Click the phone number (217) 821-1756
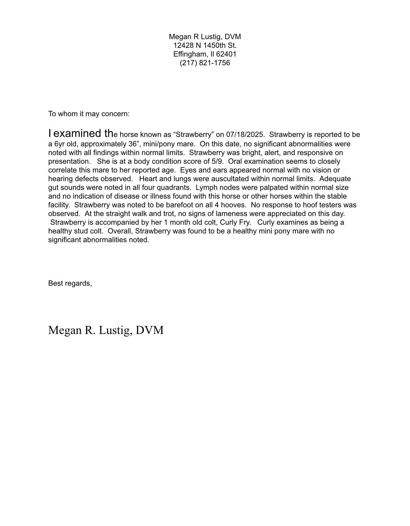click(x=205, y=63)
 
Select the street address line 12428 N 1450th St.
click(x=205, y=45)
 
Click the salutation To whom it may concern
click(x=89, y=114)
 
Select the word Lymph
click(x=205, y=187)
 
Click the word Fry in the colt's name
click(x=245, y=222)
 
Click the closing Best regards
click(x=70, y=283)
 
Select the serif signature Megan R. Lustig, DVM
click(x=106, y=330)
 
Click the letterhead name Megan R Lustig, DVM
click(x=205, y=37)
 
